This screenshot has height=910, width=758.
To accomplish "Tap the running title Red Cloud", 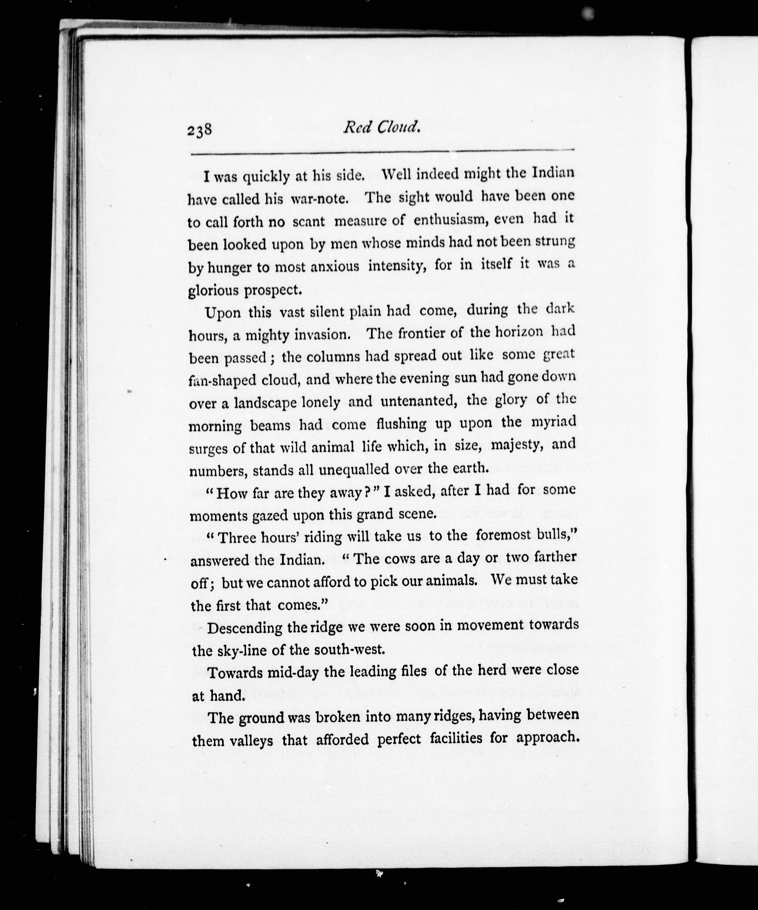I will pos(381,127).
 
